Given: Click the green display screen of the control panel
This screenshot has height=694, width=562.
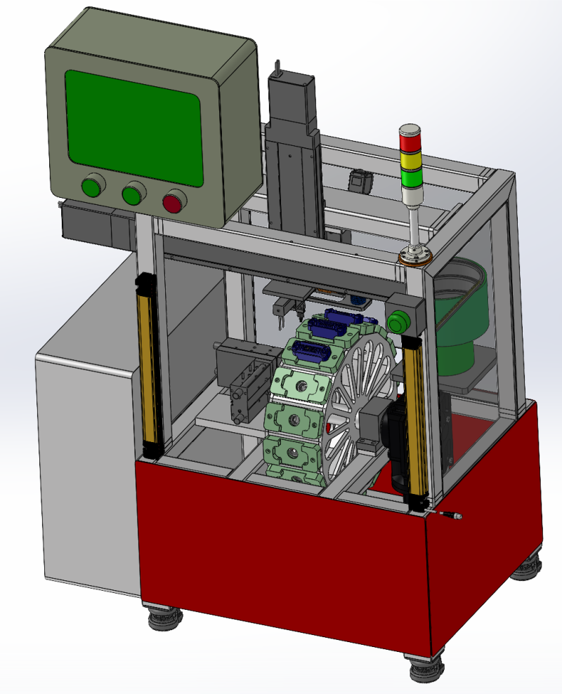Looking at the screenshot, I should pyautogui.click(x=133, y=127).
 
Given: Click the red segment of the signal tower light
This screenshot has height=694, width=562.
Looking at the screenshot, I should pyautogui.click(x=410, y=139).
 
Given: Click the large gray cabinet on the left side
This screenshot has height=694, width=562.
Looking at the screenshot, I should pyautogui.click(x=84, y=463).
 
